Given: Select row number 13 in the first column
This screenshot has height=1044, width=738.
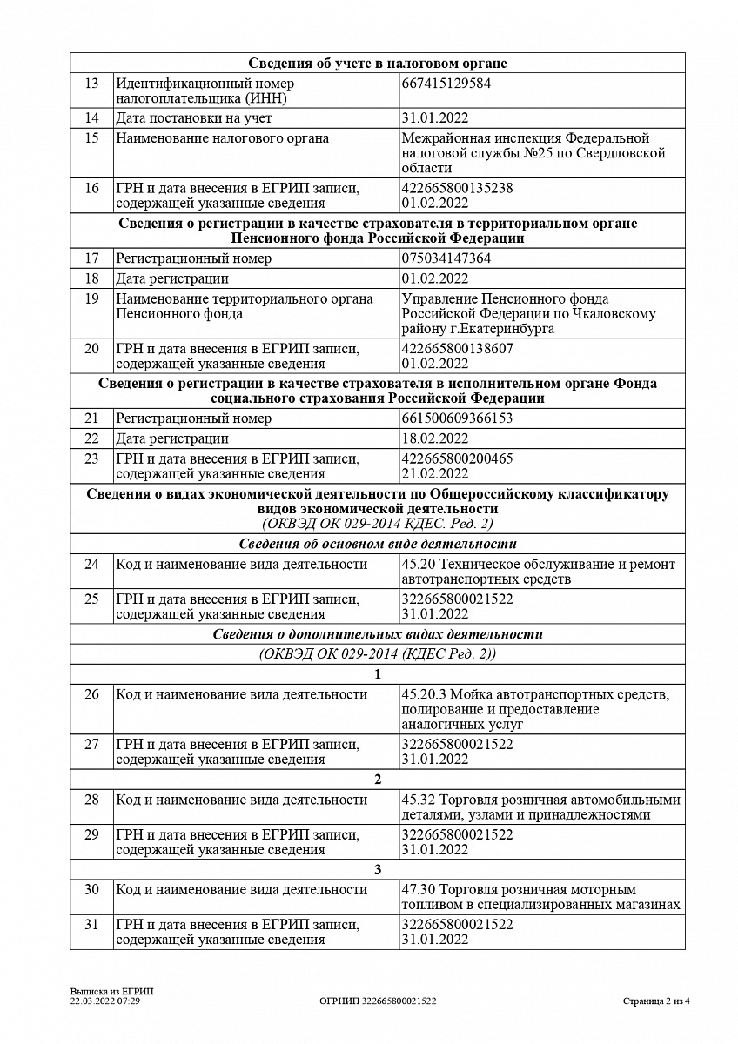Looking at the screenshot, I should click(x=91, y=84).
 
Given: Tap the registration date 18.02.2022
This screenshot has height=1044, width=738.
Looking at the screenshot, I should click(x=435, y=438).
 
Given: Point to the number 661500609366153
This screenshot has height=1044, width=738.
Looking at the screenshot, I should click(x=457, y=418).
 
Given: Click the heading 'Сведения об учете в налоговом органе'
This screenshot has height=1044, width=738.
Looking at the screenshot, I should click(x=377, y=63).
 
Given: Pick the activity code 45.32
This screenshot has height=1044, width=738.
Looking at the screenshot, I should click(x=418, y=800).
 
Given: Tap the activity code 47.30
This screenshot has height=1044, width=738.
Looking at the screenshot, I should click(x=418, y=890).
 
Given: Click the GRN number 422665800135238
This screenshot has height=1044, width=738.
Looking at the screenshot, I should click(x=457, y=188).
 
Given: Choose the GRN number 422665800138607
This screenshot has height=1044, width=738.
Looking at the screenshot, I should click(x=457, y=349).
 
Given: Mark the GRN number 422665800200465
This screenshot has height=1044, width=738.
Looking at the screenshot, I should click(x=457, y=458).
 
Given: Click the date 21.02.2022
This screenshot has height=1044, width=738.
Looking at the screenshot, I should click(x=435, y=474).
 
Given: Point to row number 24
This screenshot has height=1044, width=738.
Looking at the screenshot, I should click(x=91, y=564).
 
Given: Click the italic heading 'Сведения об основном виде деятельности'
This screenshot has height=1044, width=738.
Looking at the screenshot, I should click(x=377, y=544).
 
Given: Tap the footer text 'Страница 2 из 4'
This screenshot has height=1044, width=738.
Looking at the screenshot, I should click(x=656, y=1001).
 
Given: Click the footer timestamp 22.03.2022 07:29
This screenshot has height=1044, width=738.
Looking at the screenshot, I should click(x=105, y=1001).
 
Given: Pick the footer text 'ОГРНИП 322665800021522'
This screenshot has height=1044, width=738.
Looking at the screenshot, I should click(x=378, y=1001).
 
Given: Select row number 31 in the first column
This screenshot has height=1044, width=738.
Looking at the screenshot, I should click(x=91, y=924).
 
